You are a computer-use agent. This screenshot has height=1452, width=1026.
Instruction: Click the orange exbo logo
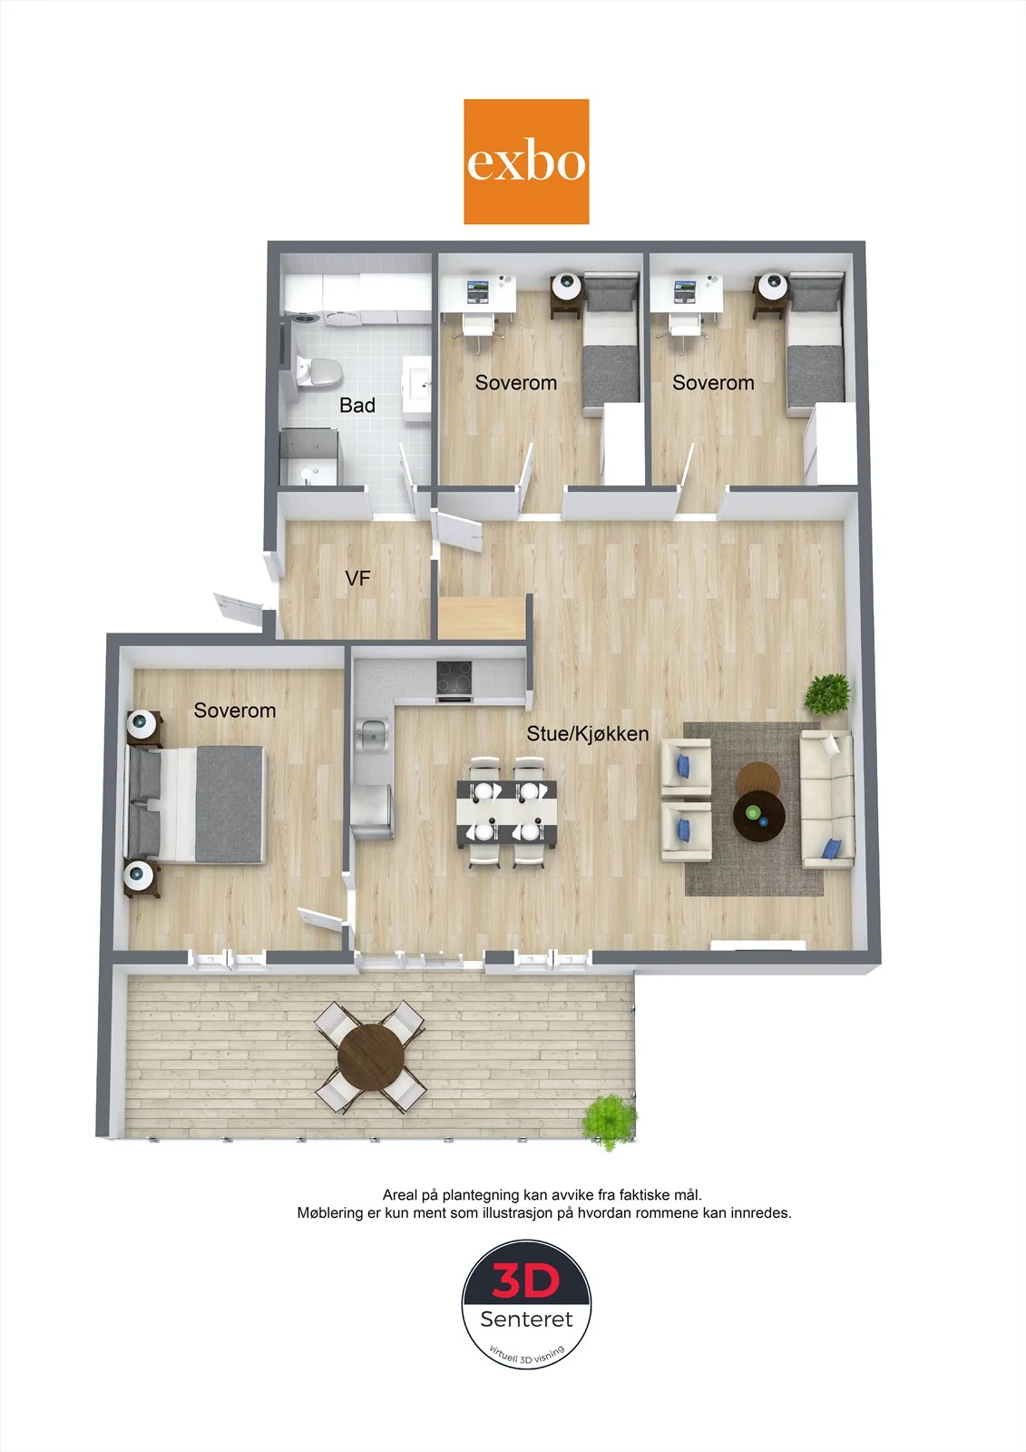[x=526, y=162]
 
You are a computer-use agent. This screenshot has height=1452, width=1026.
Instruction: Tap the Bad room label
[x=357, y=405]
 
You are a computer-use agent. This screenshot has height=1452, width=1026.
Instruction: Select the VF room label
[x=357, y=577]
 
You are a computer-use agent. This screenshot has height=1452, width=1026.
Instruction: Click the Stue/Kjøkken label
[x=587, y=733]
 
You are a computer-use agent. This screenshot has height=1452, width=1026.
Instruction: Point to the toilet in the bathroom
[x=319, y=371]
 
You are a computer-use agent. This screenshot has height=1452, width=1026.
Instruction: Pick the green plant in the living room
[x=827, y=694]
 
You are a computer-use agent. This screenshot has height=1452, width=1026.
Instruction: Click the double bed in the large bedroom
[x=196, y=804]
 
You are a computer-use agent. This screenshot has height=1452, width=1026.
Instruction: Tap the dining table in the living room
[x=507, y=811]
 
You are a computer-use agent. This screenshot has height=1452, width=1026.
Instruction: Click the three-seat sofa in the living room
[x=827, y=800]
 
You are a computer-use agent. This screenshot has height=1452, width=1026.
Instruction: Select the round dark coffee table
[x=759, y=816]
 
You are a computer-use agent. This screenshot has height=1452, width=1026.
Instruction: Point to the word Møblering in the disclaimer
[x=330, y=1212]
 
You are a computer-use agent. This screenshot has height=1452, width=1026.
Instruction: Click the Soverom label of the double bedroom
[x=235, y=711]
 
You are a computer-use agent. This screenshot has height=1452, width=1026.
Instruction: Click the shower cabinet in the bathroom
[x=309, y=456]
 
